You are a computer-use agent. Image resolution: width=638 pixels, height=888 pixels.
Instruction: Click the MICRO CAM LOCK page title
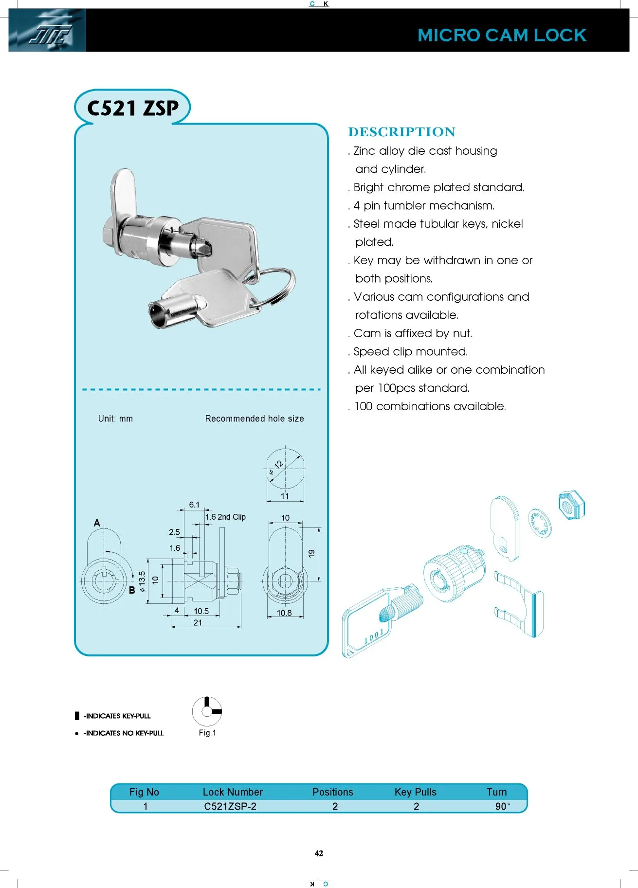click(x=502, y=36)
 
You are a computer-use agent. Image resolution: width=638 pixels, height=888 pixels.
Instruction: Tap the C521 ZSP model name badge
click(x=132, y=108)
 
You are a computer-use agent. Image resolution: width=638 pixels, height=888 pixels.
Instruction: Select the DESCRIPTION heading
click(x=401, y=132)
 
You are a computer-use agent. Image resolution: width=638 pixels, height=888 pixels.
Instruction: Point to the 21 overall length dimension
click(x=198, y=623)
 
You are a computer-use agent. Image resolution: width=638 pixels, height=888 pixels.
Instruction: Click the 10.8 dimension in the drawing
click(x=284, y=613)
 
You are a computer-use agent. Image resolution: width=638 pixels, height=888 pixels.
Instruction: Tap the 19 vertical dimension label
click(x=312, y=553)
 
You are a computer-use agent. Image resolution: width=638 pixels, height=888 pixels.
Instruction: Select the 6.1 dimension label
click(x=194, y=505)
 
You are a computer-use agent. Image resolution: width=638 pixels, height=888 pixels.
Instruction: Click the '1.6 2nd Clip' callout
click(x=225, y=517)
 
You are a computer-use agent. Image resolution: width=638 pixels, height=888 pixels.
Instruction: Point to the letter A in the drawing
click(x=97, y=523)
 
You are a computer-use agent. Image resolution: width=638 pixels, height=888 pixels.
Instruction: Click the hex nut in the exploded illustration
click(x=571, y=506)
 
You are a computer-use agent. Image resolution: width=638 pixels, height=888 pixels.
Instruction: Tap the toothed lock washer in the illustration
click(x=540, y=523)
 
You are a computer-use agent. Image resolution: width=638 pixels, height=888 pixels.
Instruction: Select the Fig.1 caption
click(x=207, y=733)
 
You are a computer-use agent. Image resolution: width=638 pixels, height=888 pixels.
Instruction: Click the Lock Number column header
click(x=233, y=792)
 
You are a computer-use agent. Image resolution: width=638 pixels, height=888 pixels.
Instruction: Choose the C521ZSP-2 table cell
click(x=230, y=806)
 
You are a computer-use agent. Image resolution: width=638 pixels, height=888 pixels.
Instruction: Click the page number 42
click(x=319, y=853)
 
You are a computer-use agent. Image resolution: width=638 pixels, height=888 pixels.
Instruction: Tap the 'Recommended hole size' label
click(x=255, y=418)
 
